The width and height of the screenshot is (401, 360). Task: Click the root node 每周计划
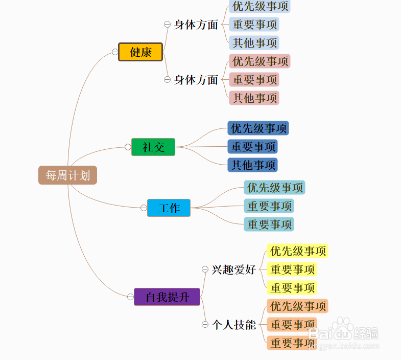tap(67, 175)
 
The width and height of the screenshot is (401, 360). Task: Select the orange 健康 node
tap(140, 52)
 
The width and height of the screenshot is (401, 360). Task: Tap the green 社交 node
tap(153, 147)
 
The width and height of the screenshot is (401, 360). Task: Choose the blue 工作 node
tap(169, 208)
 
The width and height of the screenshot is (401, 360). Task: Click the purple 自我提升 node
tap(167, 297)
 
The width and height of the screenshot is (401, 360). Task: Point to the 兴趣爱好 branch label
tap(234, 269)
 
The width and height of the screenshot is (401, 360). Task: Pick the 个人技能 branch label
tap(234, 325)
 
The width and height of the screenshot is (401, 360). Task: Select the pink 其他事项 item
tap(254, 98)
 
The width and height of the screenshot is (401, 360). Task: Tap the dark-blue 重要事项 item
tap(253, 147)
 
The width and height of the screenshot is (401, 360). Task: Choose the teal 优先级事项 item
tap(275, 188)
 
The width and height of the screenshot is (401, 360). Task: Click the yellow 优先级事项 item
tap(297, 251)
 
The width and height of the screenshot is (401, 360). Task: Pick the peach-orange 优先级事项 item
tap(297, 306)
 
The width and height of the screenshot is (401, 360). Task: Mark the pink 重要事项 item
tap(254, 80)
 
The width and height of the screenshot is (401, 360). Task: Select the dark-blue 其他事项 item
tap(253, 165)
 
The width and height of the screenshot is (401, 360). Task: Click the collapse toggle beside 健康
tap(115, 52)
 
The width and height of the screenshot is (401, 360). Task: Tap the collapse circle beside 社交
tap(128, 147)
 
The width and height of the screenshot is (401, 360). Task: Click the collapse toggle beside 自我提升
tap(130, 297)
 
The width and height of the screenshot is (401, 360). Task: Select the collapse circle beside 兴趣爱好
tap(205, 269)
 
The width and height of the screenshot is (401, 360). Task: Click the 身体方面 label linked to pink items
tap(196, 80)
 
